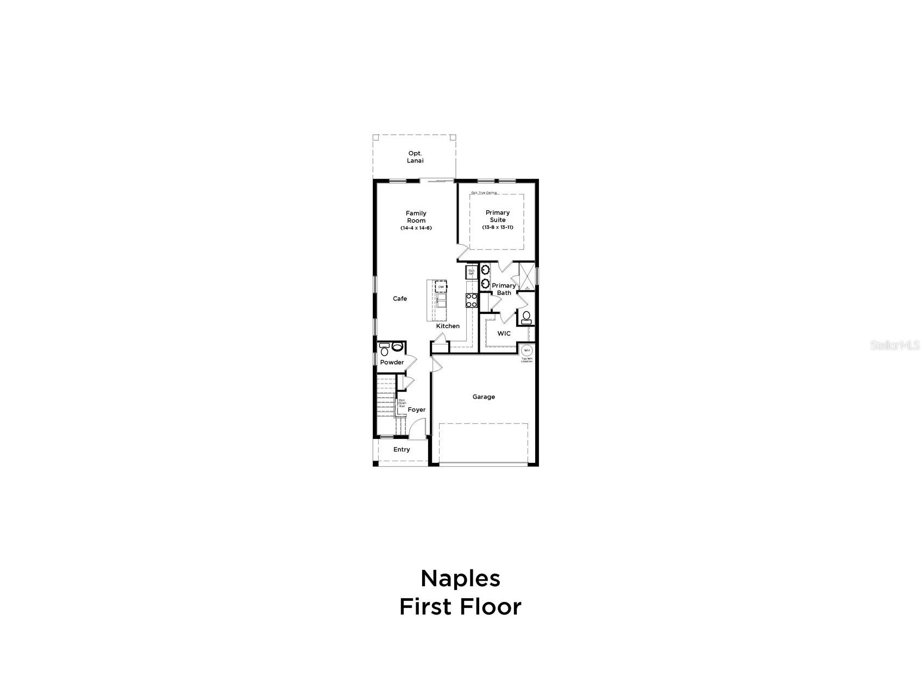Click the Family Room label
pyautogui.click(x=416, y=217)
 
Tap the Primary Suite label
pyautogui.click(x=498, y=216)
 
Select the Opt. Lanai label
pyautogui.click(x=415, y=157)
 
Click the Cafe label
pyautogui.click(x=400, y=299)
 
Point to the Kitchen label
pyautogui.click(x=448, y=326)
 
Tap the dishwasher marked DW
pyautogui.click(x=441, y=287)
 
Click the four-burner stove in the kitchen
pyautogui.click(x=471, y=300)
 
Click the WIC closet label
pyautogui.click(x=504, y=334)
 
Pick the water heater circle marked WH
pyautogui.click(x=526, y=350)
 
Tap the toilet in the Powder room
pyautogui.click(x=397, y=347)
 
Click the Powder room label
pyautogui.click(x=392, y=362)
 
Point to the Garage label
pyautogui.click(x=484, y=397)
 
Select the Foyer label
pyautogui.click(x=417, y=410)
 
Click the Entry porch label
pyautogui.click(x=402, y=449)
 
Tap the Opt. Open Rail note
pyautogui.click(x=402, y=403)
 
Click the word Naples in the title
pyautogui.click(x=460, y=579)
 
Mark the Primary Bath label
pyautogui.click(x=504, y=289)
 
